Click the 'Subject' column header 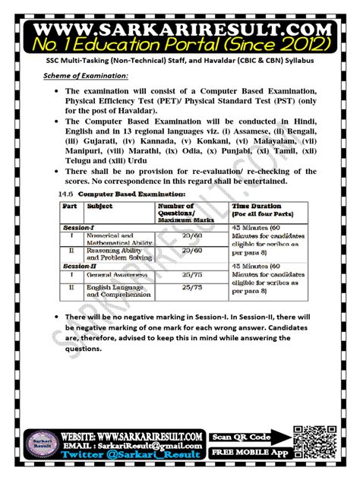100,206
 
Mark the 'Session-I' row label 78,226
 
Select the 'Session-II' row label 80,266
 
